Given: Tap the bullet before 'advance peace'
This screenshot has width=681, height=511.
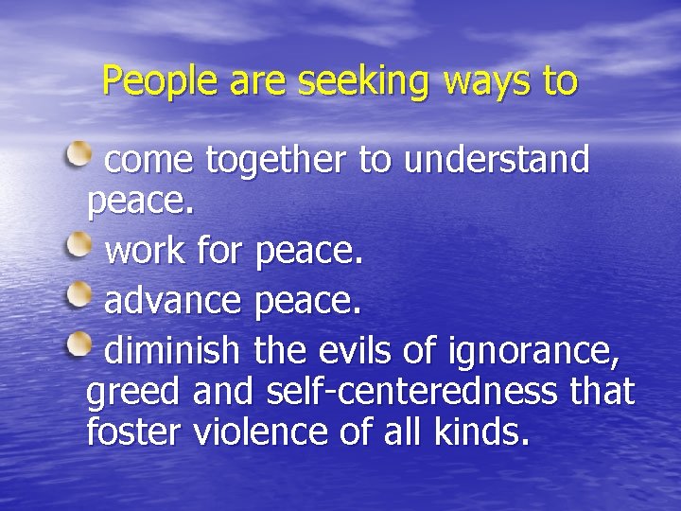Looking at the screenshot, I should click(80, 297).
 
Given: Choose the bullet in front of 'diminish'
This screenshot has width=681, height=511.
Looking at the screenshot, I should click(80, 346).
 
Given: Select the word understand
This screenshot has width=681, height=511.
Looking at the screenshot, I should click(497, 160).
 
